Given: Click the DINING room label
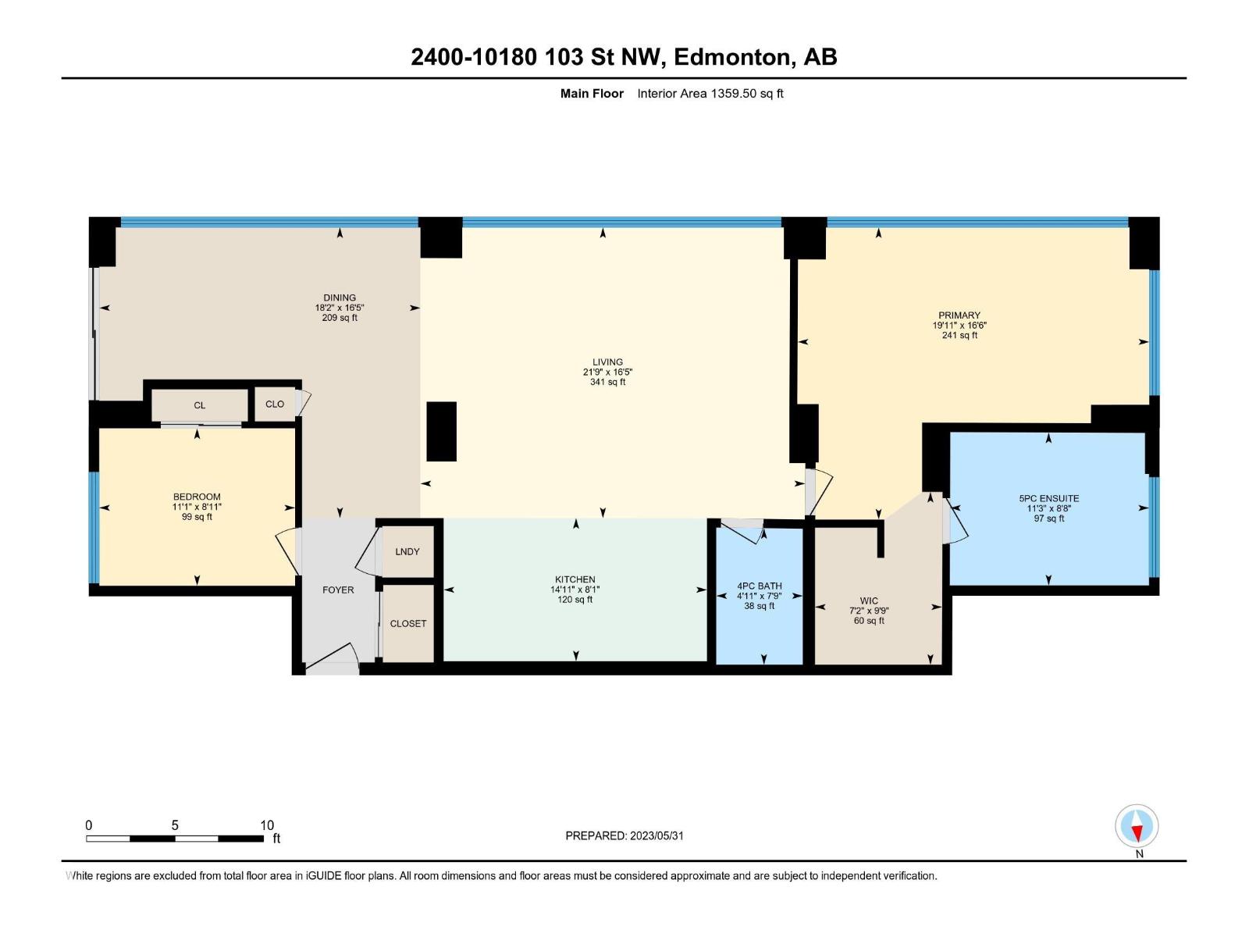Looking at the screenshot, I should click(340, 297).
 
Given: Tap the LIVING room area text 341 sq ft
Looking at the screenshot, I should click(607, 383).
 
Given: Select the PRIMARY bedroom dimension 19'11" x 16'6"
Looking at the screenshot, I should click(959, 326).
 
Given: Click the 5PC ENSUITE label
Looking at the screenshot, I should click(1048, 498).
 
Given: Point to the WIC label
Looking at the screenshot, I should click(869, 601).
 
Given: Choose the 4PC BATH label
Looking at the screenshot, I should click(759, 586).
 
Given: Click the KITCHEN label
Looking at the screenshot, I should click(575, 580).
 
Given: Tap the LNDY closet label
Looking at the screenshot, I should click(407, 552).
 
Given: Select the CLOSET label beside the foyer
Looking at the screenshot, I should click(408, 624).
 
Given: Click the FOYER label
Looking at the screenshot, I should click(338, 590).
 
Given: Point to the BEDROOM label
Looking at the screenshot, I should click(197, 497).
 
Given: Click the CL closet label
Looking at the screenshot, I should click(200, 405).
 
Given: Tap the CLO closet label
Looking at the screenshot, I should click(275, 404).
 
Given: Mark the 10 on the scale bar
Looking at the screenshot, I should click(267, 825).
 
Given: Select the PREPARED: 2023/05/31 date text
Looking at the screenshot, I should click(624, 835).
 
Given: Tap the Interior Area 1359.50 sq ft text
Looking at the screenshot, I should click(710, 94).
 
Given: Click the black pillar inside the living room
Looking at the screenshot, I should click(441, 431).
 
